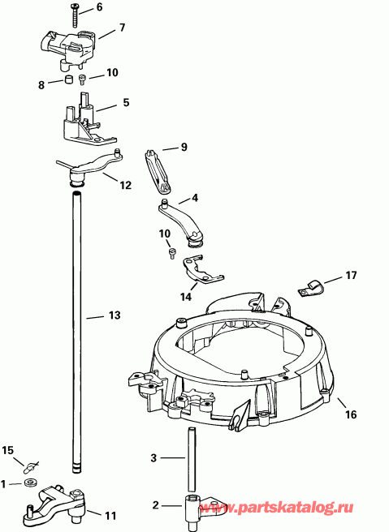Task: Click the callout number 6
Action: coord(100,7)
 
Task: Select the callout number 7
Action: coord(122,28)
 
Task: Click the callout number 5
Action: coord(126,102)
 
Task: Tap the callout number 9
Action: coord(184,147)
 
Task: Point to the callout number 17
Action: coord(350,276)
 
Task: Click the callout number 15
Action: coord(8,450)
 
